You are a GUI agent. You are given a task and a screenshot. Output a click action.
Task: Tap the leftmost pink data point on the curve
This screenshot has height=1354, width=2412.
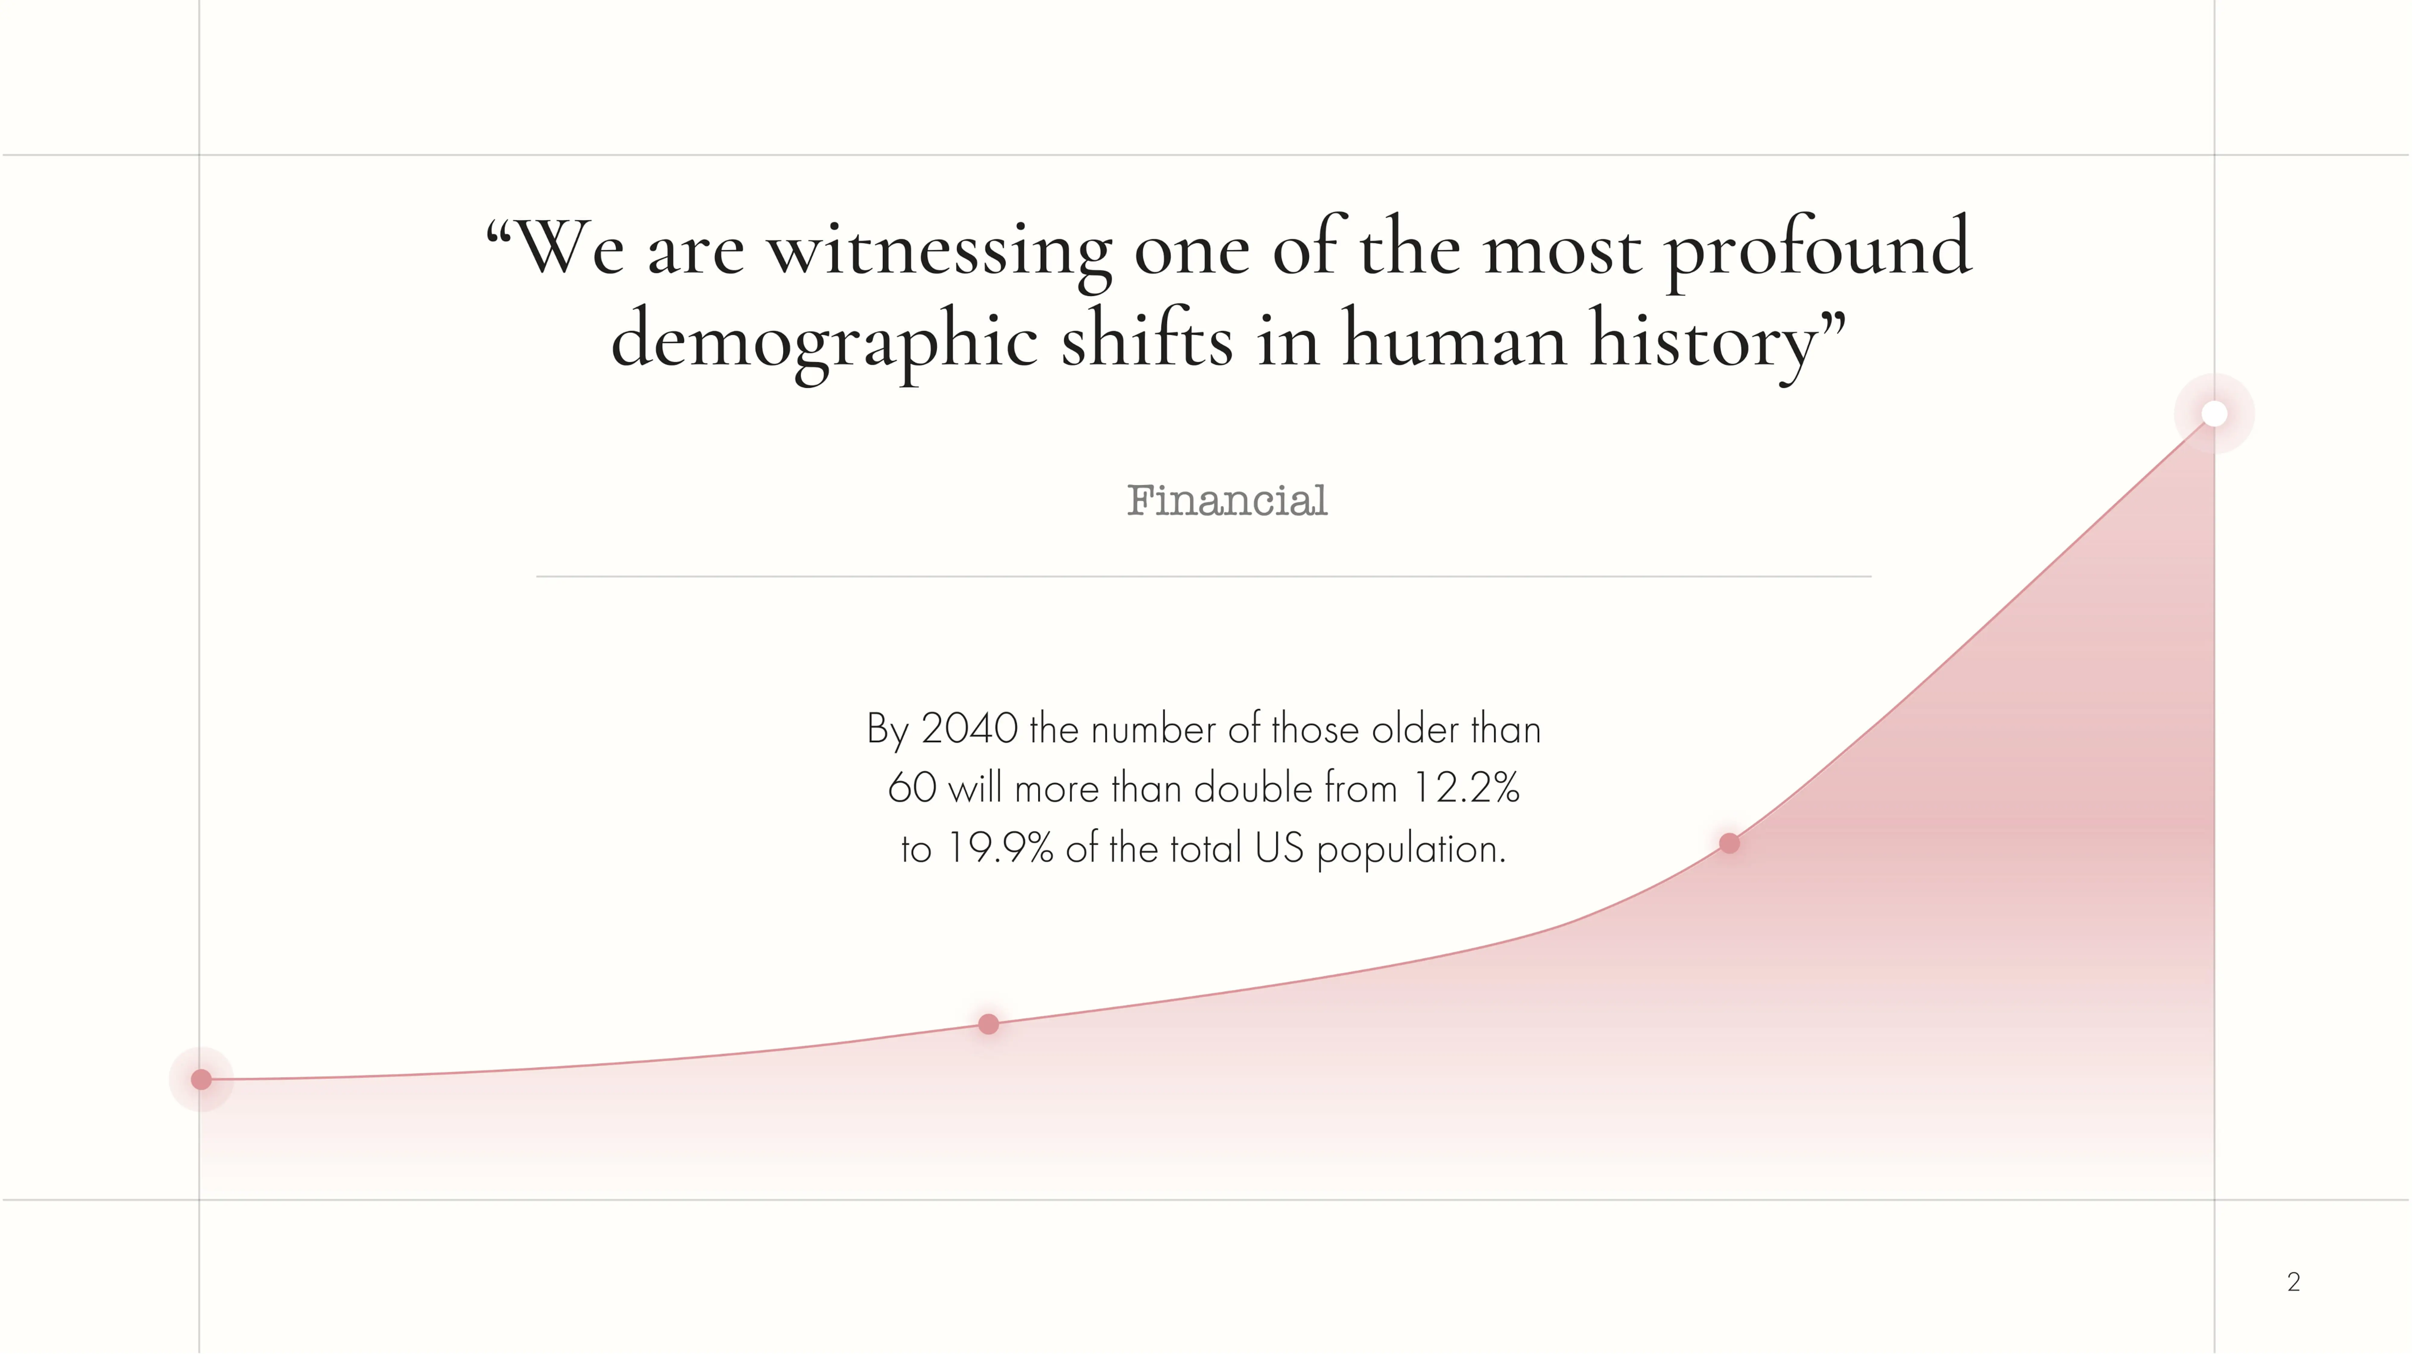[201, 1080]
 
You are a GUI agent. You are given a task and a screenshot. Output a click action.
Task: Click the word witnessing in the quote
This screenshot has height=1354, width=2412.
[940, 251]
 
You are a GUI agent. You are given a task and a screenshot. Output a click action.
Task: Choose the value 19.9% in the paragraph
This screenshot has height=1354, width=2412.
[1000, 848]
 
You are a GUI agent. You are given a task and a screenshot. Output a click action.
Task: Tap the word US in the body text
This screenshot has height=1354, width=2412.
[1279, 848]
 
